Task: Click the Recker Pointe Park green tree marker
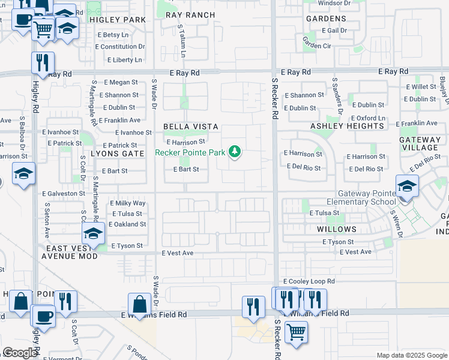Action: pos(236,152)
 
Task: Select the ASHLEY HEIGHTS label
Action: pos(347,126)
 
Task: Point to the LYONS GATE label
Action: pos(118,154)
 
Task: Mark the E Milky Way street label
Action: pos(128,203)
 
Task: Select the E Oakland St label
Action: pos(127,224)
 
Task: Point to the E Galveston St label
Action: pos(64,193)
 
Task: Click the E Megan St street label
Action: pos(121,83)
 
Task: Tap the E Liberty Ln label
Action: pos(125,60)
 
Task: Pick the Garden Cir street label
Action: pos(317,45)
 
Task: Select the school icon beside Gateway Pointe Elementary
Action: pos(407,185)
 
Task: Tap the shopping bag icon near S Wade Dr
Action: pos(140,304)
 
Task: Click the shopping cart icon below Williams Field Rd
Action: pos(296,332)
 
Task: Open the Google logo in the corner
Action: pos(19,353)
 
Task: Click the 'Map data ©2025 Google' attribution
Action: pos(411,355)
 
